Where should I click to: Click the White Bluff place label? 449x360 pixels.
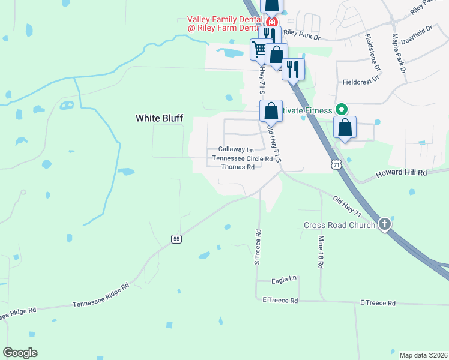(159, 119)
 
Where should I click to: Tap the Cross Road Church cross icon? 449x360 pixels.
(384, 224)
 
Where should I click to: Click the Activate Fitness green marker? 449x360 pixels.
(341, 110)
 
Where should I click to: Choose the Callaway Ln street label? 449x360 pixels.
(236, 149)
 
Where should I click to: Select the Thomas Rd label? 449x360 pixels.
(238, 167)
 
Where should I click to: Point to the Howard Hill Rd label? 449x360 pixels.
(401, 173)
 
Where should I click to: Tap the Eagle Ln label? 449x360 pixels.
(285, 279)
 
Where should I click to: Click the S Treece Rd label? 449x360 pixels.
(257, 247)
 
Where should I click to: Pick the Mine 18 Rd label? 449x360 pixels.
(319, 251)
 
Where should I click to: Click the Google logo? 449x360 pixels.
(20, 353)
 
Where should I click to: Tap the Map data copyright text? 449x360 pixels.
(423, 355)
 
